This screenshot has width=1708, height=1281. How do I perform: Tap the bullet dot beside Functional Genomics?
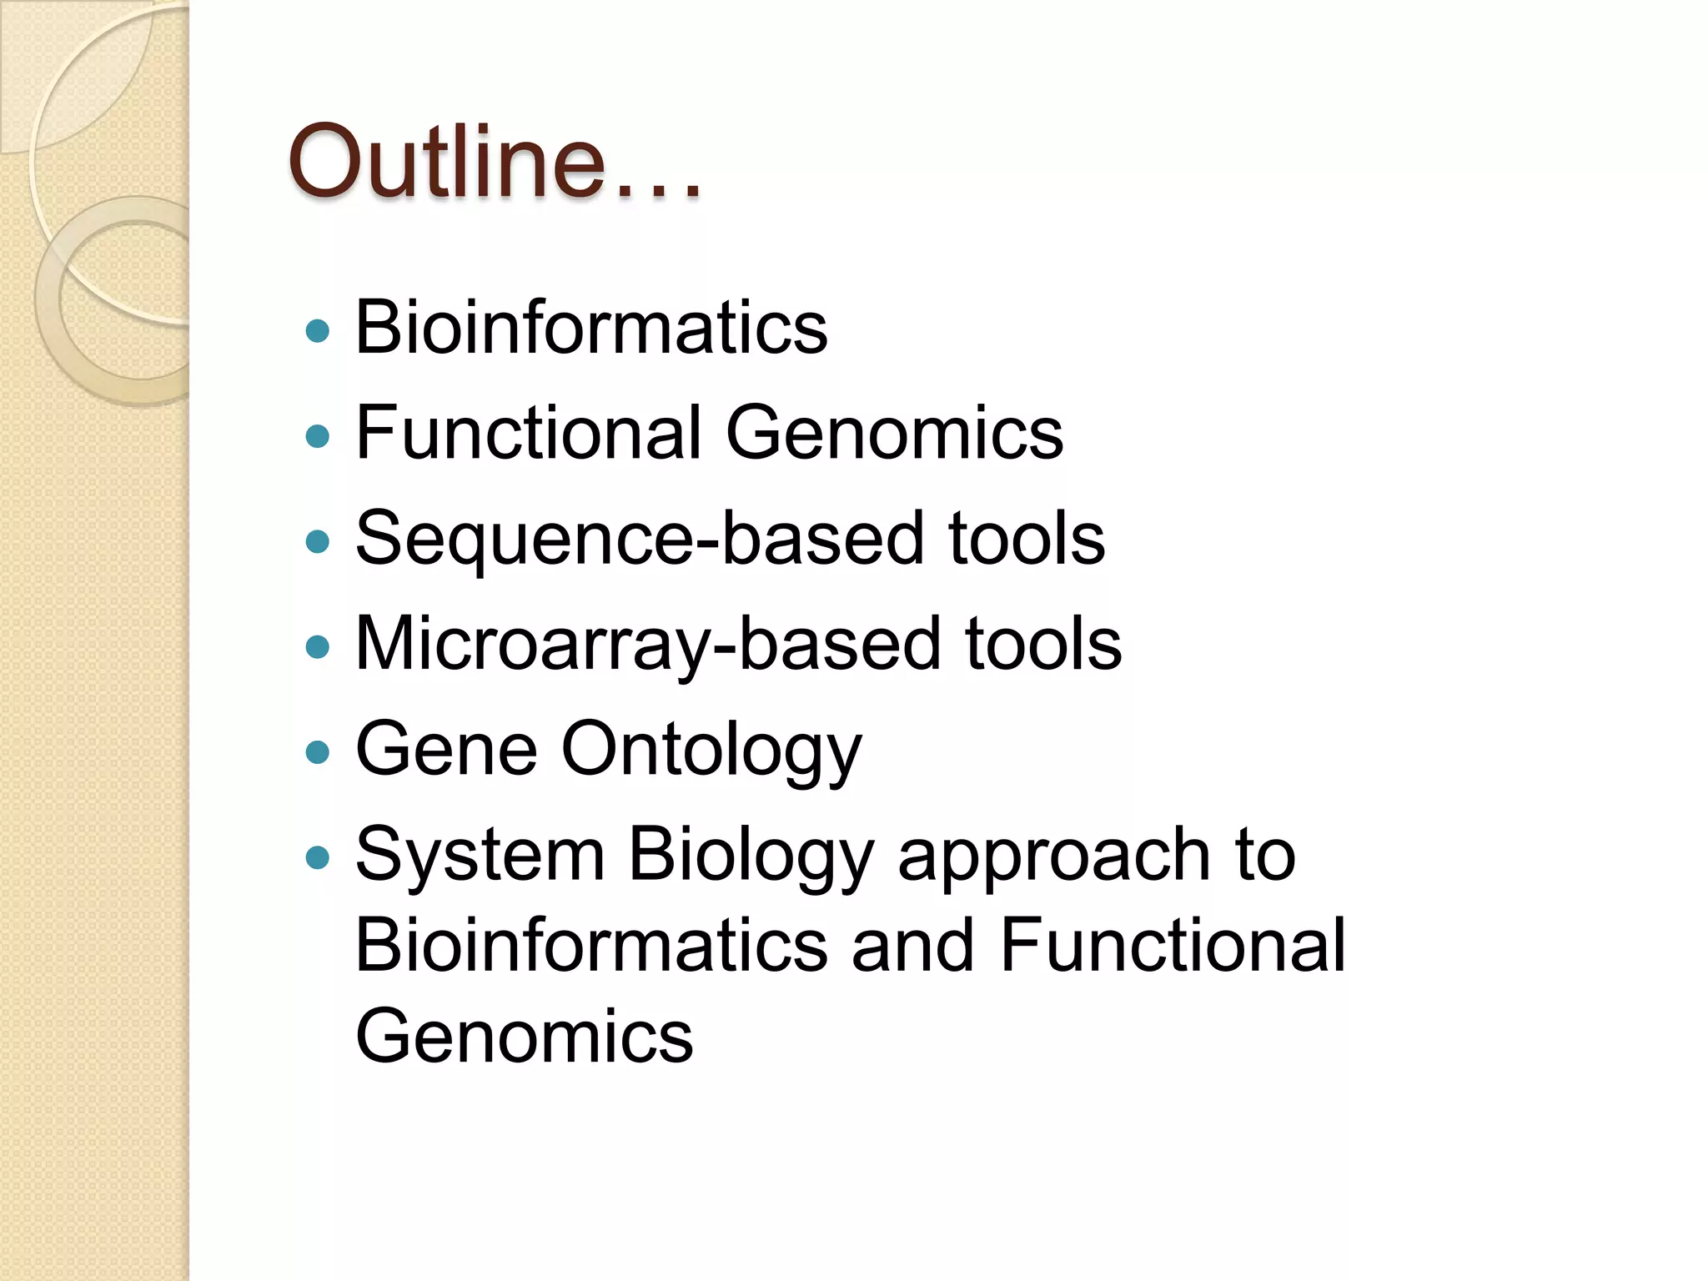point(318,436)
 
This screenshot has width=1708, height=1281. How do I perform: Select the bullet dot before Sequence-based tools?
point(318,542)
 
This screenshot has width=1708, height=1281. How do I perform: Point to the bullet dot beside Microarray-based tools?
point(318,647)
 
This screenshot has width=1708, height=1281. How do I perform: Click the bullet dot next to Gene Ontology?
point(318,753)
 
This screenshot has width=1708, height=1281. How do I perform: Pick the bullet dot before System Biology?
point(318,858)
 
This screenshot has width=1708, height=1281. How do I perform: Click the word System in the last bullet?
point(480,854)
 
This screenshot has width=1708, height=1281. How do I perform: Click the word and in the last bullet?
point(912,946)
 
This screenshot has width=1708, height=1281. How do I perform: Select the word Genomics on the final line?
point(524,1037)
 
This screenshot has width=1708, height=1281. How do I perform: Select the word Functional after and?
point(1173,946)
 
